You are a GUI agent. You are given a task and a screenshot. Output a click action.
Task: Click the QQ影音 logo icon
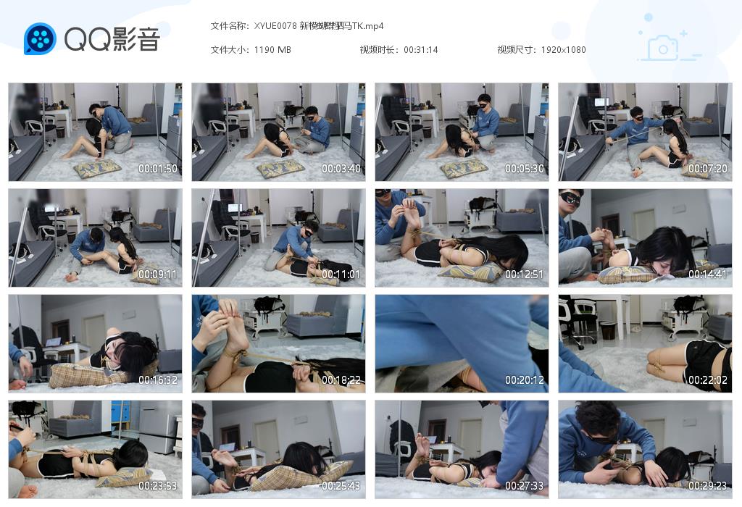[40, 39]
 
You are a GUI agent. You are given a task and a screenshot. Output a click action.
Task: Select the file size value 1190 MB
[272, 50]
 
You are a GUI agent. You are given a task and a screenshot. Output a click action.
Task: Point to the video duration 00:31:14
[421, 50]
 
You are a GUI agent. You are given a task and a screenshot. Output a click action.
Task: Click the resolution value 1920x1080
[563, 50]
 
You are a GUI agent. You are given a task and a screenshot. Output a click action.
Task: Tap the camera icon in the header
[662, 48]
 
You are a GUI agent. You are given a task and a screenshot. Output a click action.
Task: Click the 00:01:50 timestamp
[158, 169]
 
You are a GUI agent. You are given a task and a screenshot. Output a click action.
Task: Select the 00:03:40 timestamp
[341, 169]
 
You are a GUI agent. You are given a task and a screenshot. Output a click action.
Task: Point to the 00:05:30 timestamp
[525, 169]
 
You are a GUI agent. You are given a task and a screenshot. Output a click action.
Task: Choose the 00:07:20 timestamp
[708, 169]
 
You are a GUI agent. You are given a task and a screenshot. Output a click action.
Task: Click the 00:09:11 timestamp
[158, 275]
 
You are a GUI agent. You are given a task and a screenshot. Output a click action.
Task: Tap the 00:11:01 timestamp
[341, 275]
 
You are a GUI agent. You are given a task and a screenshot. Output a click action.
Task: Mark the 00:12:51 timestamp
[525, 275]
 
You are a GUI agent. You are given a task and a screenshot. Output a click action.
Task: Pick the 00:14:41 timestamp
[708, 275]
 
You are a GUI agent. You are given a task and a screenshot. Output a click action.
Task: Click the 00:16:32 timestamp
[158, 380]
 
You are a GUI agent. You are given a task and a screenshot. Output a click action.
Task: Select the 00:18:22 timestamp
[341, 380]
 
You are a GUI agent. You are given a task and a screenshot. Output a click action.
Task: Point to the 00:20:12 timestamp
[525, 380]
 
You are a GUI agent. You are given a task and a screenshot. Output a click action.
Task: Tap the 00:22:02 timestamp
[708, 380]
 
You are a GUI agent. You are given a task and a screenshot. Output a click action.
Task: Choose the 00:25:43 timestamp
[341, 486]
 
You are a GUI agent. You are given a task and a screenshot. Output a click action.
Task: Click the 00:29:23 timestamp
[708, 486]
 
